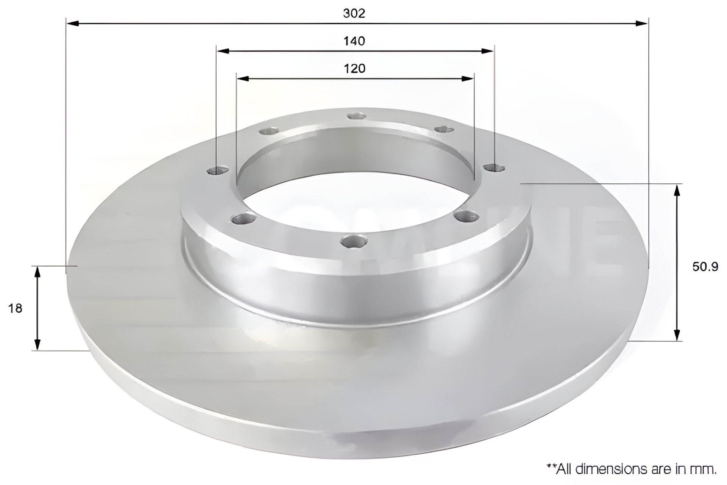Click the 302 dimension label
354,13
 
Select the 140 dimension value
354,41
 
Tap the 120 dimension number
354,69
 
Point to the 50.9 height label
705,267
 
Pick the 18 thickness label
16,308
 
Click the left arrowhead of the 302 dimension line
72,23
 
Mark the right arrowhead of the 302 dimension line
641,23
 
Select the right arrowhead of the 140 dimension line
487,51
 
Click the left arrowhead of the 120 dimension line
243,79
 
